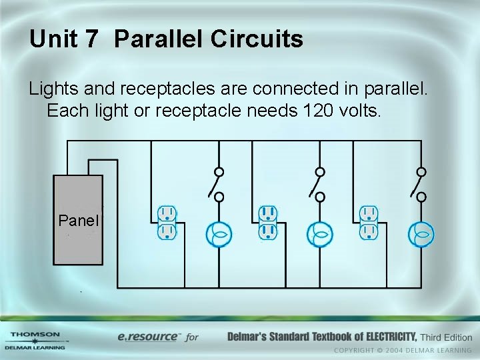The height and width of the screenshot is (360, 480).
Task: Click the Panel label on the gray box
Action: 79,221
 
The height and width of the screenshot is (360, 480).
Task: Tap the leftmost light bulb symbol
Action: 219,234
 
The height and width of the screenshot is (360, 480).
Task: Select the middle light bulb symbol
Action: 320,234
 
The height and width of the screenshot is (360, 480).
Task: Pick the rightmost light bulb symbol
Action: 421,234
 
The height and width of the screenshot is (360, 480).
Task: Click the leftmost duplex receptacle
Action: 167,223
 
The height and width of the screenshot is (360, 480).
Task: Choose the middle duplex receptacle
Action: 268,223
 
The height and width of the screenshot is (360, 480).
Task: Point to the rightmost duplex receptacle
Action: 369,223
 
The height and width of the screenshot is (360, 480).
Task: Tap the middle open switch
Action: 317,184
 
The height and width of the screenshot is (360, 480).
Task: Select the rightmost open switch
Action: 419,184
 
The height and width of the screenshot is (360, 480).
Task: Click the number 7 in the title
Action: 91,39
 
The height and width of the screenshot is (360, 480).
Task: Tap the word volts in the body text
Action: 359,110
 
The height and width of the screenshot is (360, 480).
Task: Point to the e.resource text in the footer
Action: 148,337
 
